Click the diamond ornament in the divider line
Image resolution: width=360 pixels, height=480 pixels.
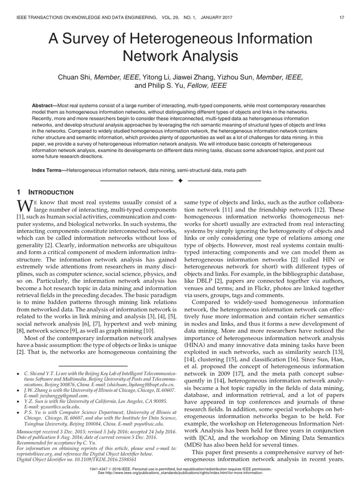tap(180, 180)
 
